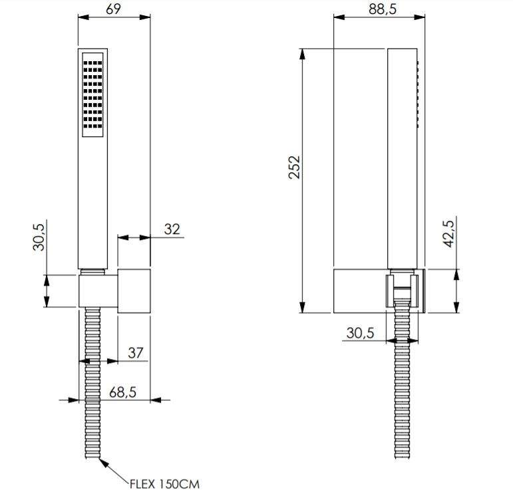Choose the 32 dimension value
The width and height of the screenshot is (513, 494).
click(x=172, y=229)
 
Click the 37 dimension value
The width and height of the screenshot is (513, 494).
click(x=136, y=352)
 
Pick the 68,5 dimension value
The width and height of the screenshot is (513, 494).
click(x=122, y=392)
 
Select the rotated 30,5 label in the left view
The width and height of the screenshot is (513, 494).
click(x=39, y=236)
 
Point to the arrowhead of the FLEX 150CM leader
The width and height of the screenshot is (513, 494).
click(x=102, y=459)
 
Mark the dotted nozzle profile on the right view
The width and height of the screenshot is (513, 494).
click(x=419, y=93)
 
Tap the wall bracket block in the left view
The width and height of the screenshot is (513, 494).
click(x=114, y=291)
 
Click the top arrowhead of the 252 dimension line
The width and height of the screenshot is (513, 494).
click(x=303, y=53)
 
